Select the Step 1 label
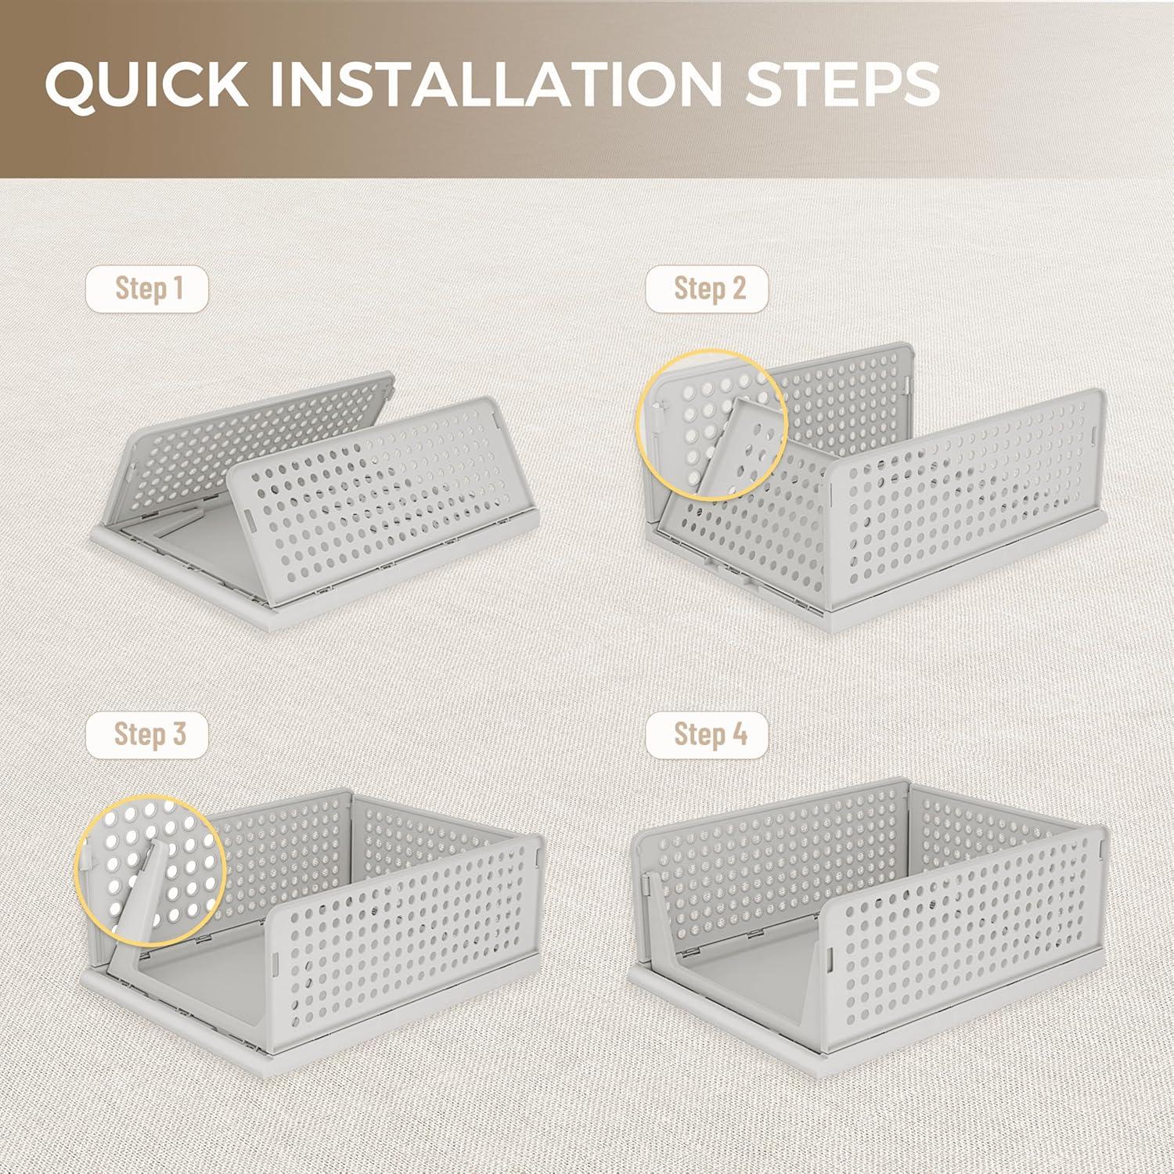(x=148, y=289)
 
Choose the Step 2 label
(x=708, y=289)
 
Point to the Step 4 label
(x=708, y=735)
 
